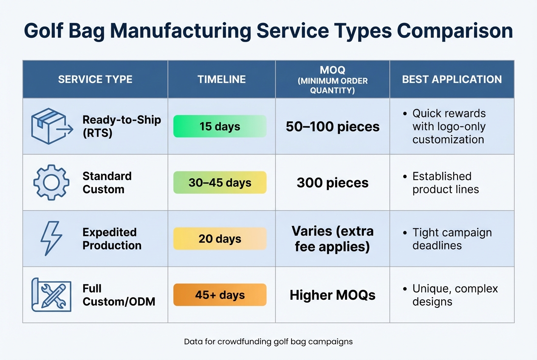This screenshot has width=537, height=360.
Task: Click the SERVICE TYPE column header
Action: (x=95, y=79)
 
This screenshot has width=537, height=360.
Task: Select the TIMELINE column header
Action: (x=221, y=79)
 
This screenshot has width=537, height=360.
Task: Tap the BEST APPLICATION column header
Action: (x=452, y=79)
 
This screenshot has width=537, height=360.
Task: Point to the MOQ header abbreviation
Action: (x=332, y=70)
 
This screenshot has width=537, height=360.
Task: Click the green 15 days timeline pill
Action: (x=220, y=126)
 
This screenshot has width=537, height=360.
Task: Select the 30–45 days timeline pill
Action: (x=220, y=183)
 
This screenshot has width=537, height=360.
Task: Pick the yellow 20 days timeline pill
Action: (x=220, y=239)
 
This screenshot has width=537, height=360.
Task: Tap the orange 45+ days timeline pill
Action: (x=220, y=295)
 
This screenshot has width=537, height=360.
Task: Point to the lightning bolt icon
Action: (x=51, y=239)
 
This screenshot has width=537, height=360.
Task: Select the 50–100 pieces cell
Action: (x=332, y=127)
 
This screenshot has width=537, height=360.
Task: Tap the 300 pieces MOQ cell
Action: (x=332, y=183)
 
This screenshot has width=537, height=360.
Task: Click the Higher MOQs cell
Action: (x=332, y=295)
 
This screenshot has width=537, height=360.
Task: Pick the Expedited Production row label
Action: (x=112, y=239)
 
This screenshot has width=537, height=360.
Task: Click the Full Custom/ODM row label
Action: (x=119, y=295)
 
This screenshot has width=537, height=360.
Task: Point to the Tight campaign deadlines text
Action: (x=452, y=239)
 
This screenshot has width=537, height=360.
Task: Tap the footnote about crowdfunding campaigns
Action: (x=268, y=341)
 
